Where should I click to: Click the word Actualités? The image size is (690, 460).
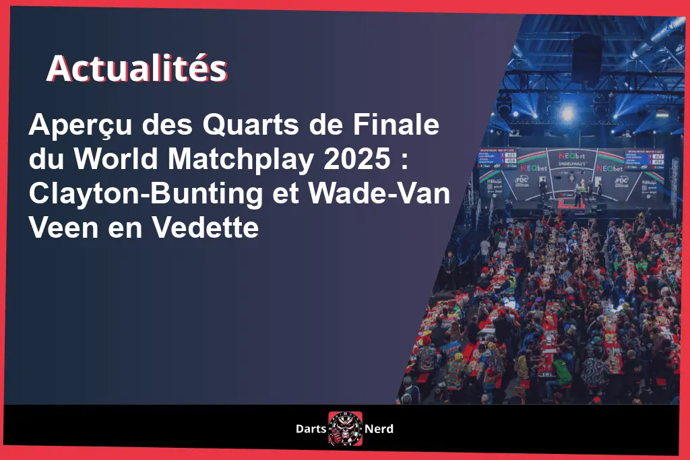(x=136, y=69)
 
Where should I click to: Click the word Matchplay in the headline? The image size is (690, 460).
(x=240, y=160)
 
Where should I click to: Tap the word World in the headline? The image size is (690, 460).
(x=113, y=160)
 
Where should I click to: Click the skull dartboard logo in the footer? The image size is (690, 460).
(x=345, y=428)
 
